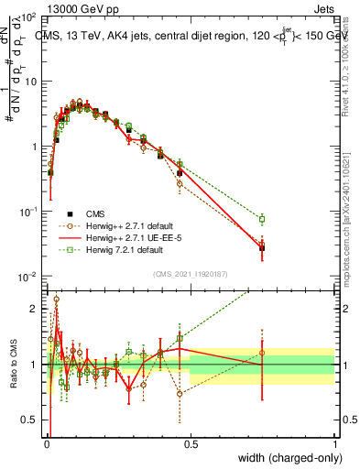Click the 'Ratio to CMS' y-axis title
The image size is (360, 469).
(x=14, y=364)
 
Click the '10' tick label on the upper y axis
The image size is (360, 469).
(x=29, y=81)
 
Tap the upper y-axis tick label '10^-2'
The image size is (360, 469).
(x=27, y=277)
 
